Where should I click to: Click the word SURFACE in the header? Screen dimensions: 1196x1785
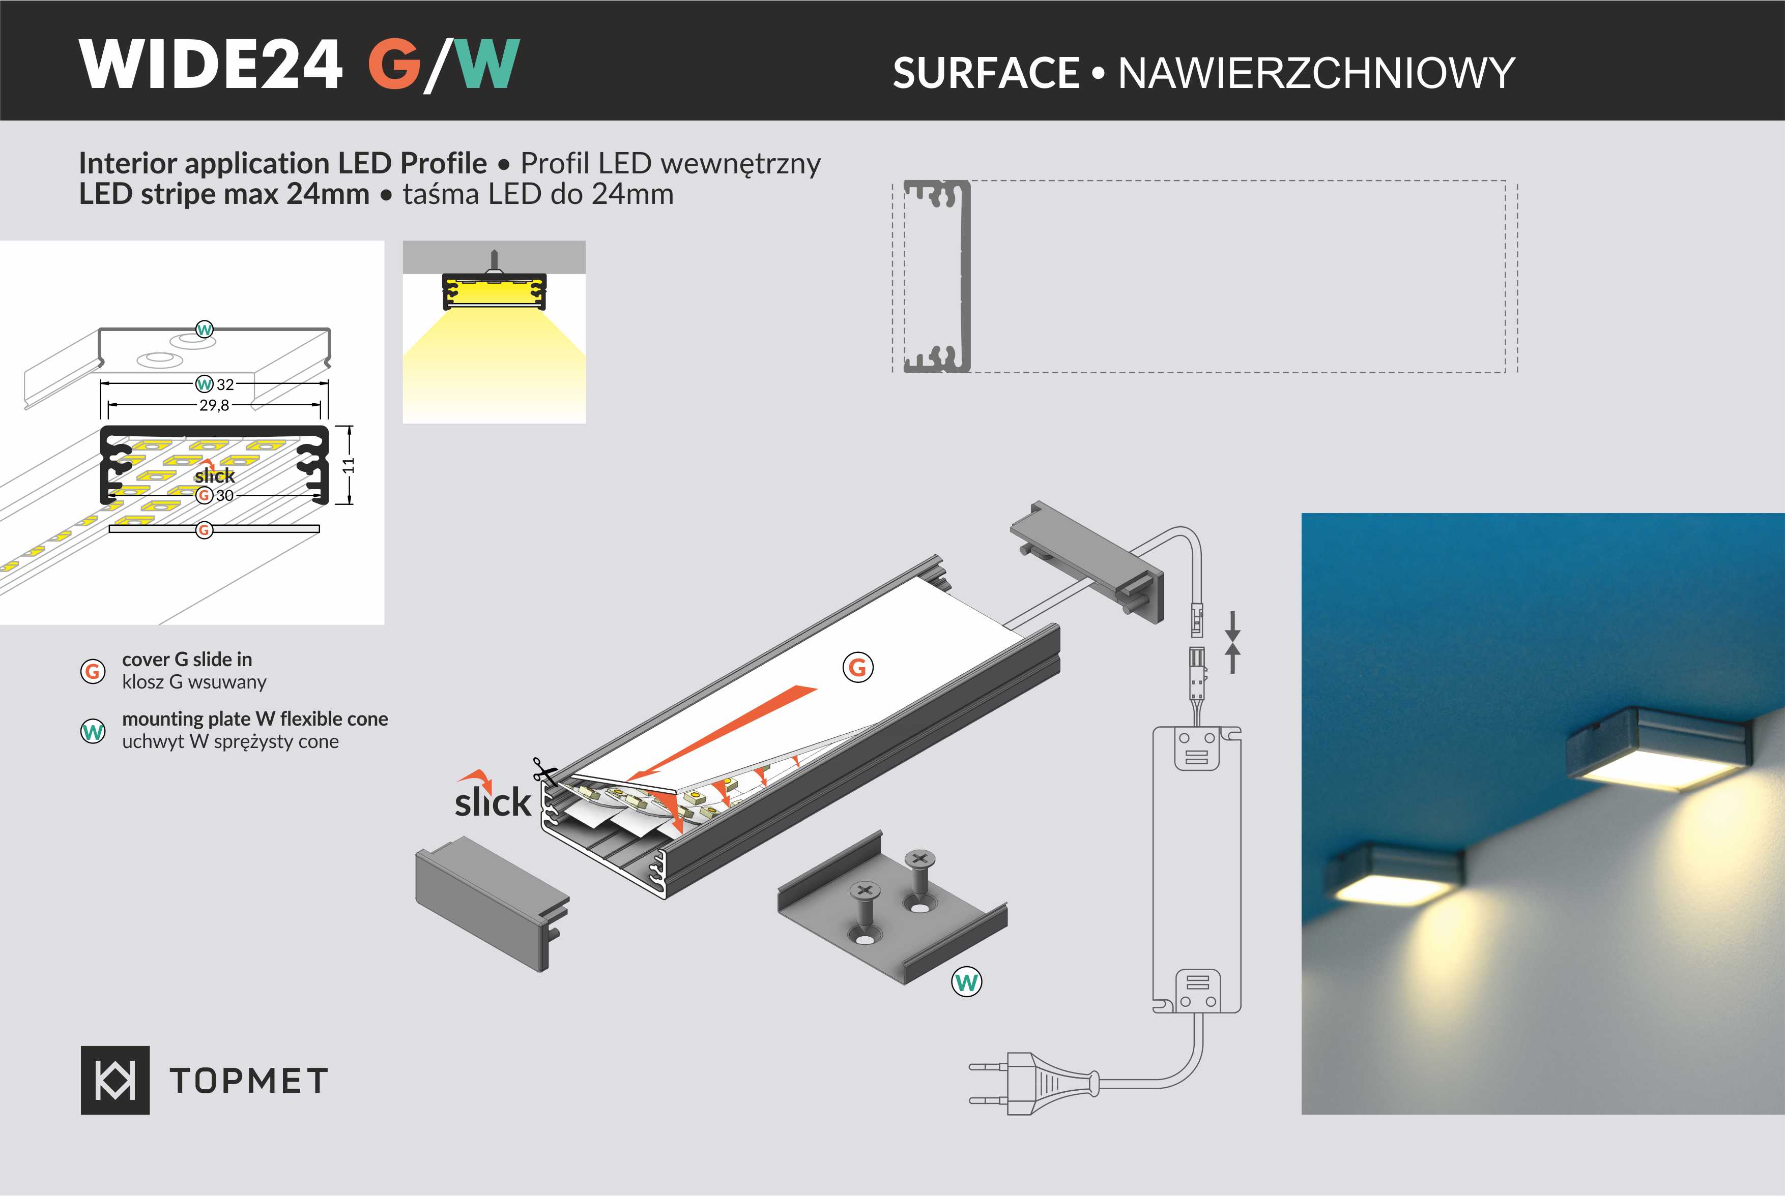coord(985,73)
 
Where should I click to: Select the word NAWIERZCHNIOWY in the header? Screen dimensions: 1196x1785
coord(1316,73)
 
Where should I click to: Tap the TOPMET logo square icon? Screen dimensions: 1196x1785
coord(115,1080)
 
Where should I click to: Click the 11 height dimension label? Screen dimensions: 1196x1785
coord(349,465)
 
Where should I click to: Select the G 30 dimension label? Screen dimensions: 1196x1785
coord(215,496)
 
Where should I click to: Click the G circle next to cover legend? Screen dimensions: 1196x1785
coord(93,671)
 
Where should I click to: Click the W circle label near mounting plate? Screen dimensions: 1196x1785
coord(966,982)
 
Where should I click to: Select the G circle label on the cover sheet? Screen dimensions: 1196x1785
coord(858,667)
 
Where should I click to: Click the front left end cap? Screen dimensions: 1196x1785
coord(488,900)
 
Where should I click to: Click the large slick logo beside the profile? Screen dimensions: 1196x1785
coord(492,797)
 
